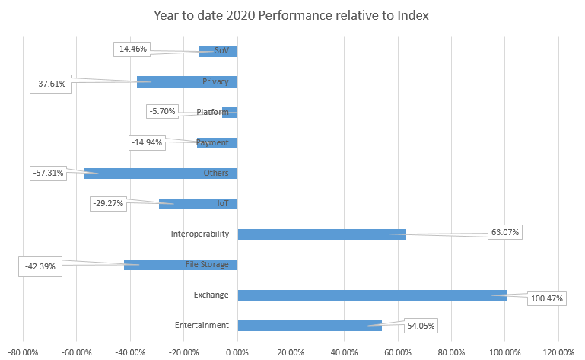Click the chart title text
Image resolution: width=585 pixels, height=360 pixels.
(x=292, y=14)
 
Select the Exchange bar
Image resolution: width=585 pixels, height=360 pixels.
(x=372, y=295)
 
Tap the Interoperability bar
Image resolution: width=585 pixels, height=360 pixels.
(x=322, y=234)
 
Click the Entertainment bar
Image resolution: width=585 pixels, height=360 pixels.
(x=310, y=326)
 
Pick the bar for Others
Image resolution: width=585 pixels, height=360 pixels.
(x=161, y=173)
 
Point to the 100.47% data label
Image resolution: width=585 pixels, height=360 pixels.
(x=546, y=298)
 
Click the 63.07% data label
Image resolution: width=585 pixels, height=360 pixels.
(x=505, y=232)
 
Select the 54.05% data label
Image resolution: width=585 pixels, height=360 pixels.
(x=419, y=326)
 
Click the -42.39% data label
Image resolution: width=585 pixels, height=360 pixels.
(x=40, y=267)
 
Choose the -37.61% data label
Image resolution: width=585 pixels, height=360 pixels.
(x=51, y=84)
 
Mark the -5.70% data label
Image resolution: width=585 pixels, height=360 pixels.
(x=164, y=111)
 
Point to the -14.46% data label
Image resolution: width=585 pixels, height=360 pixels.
(x=132, y=49)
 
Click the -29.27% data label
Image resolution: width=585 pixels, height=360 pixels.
(x=108, y=203)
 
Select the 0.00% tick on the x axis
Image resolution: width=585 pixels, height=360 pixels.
(x=237, y=352)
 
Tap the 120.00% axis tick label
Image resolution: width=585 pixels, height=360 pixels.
(x=558, y=352)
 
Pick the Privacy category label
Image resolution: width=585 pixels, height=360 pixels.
(x=215, y=81)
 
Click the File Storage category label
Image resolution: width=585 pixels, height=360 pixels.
(x=207, y=265)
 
